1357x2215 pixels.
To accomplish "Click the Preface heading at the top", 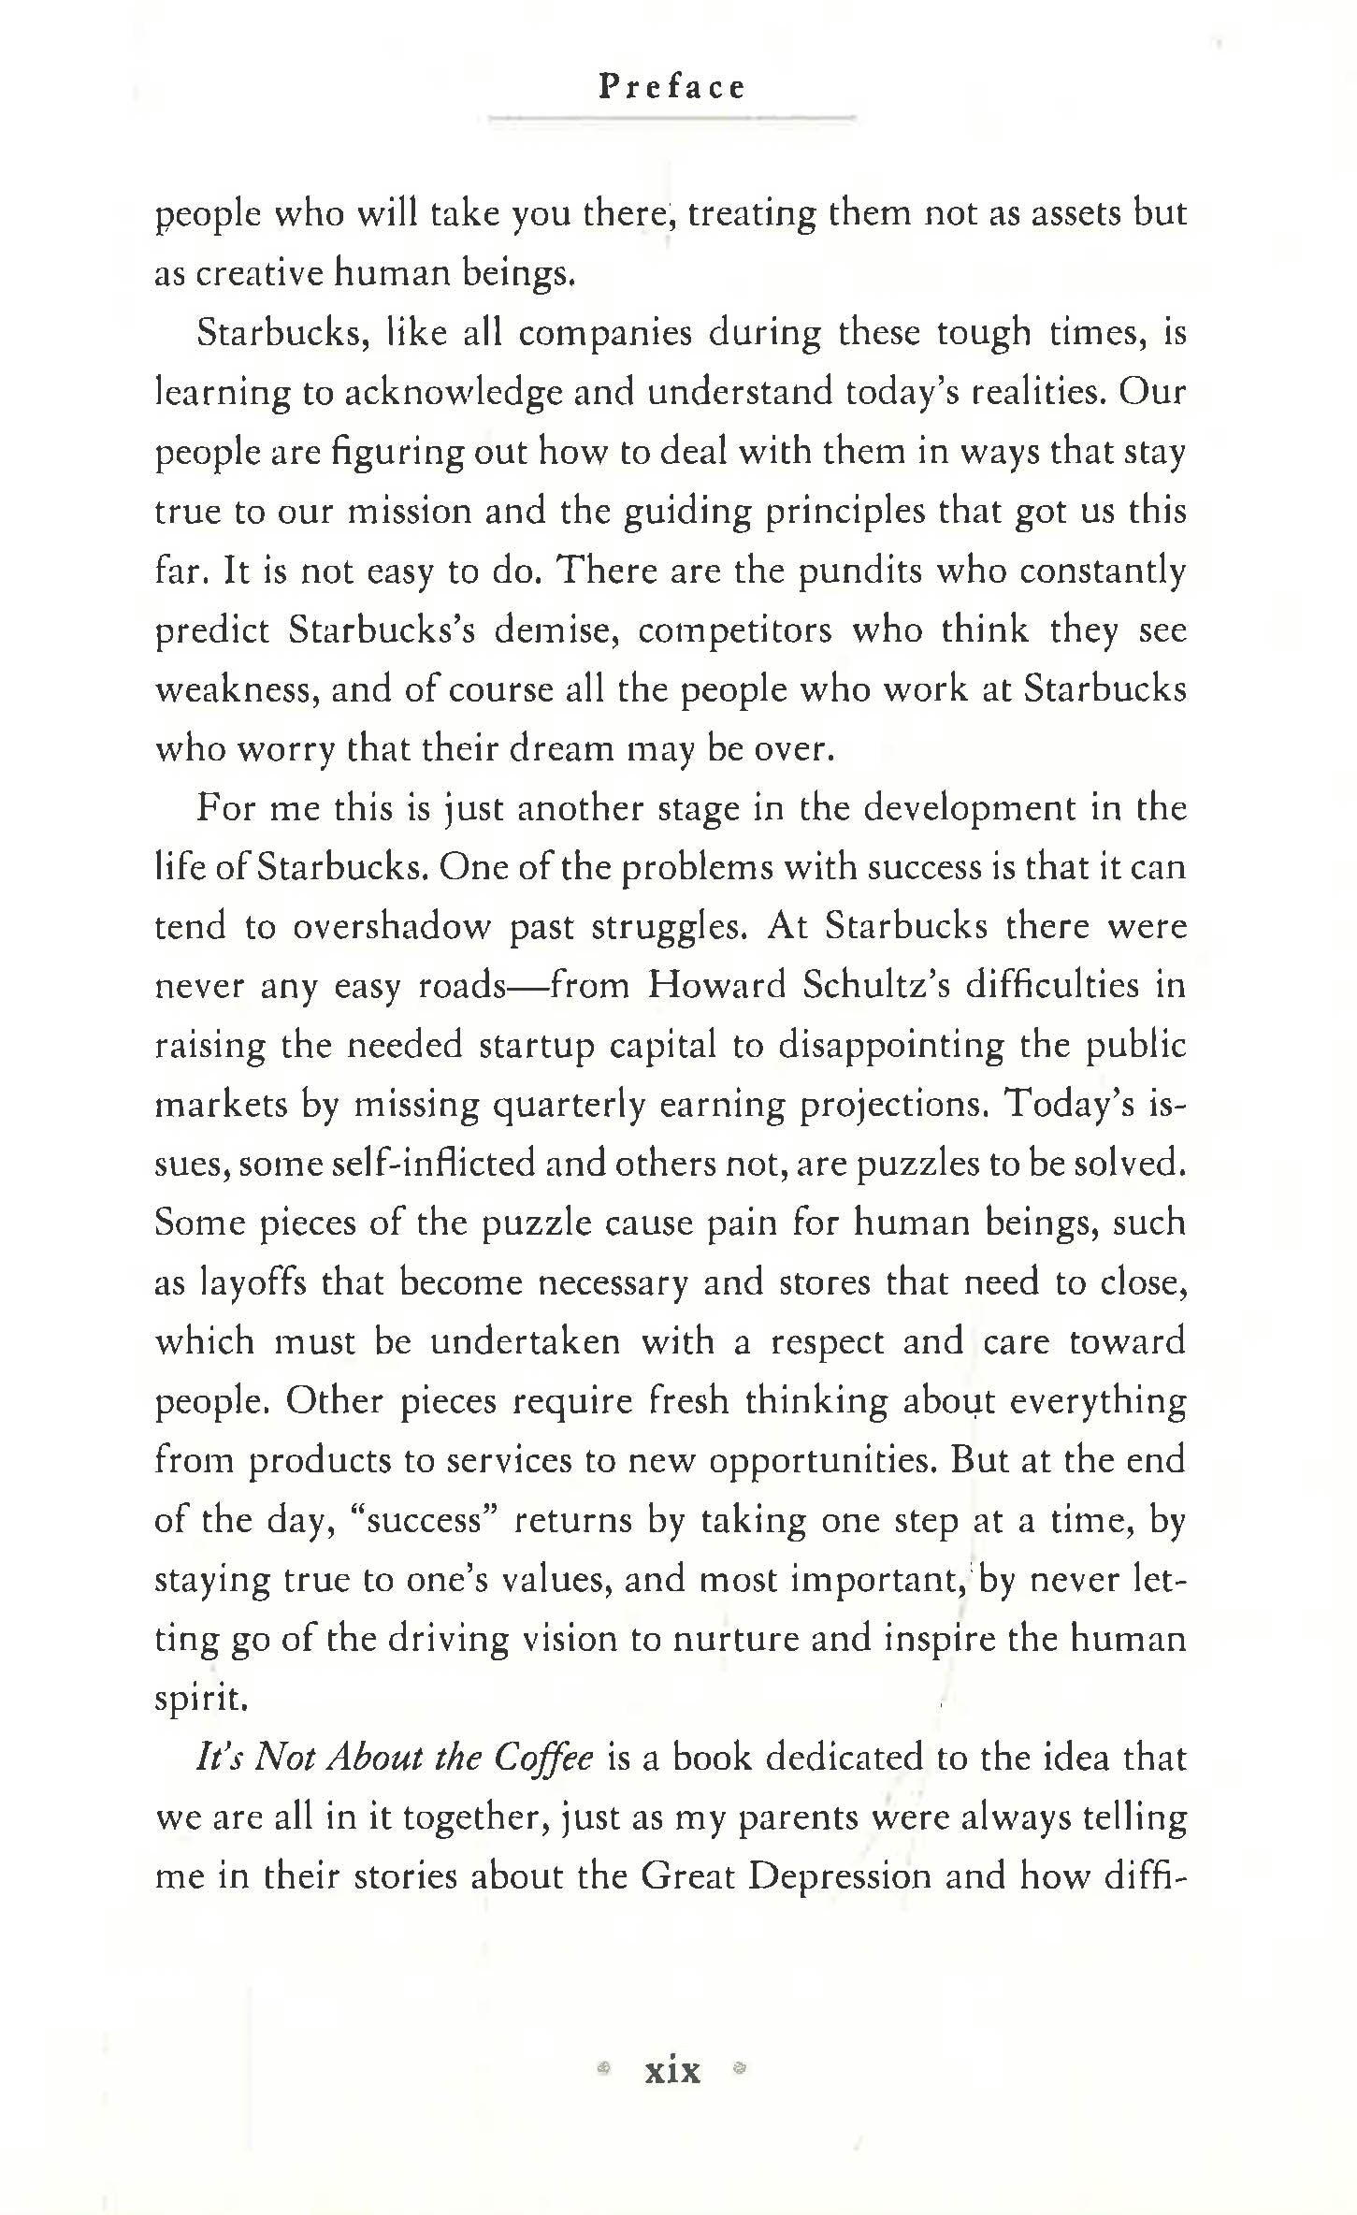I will tap(671, 87).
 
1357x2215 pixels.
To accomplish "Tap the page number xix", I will tap(671, 2069).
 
